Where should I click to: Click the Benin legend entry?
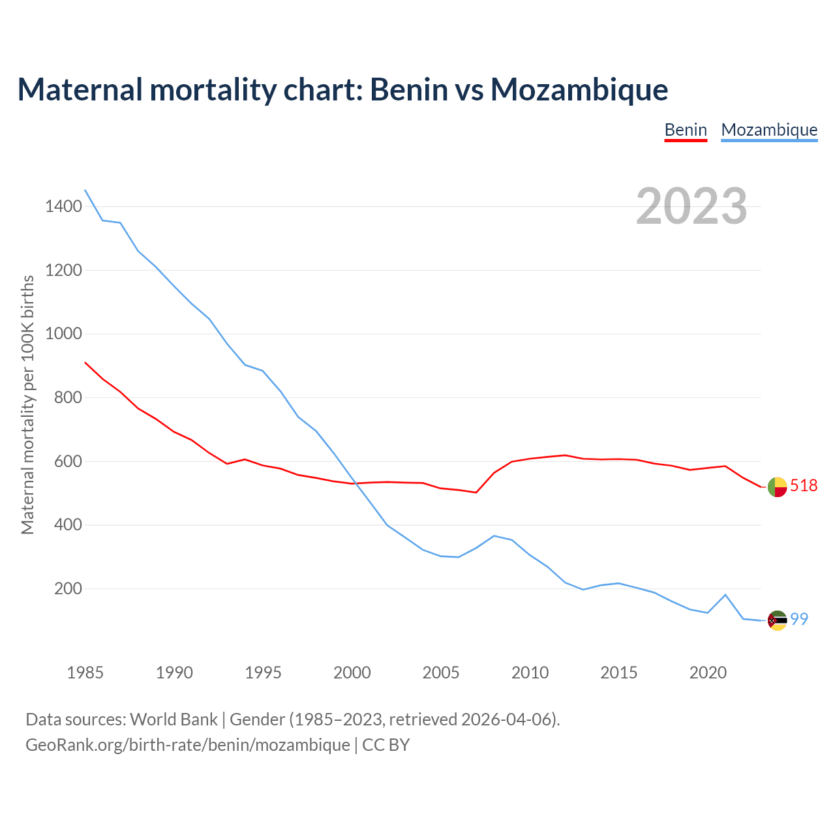pos(686,130)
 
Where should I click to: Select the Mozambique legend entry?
pos(769,130)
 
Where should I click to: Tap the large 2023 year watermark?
pos(691,206)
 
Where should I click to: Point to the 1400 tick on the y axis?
pos(64,207)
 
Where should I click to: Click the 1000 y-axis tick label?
pos(64,334)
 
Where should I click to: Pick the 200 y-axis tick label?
pos(68,588)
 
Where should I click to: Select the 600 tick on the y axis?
pos(68,461)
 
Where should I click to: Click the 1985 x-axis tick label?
pos(85,673)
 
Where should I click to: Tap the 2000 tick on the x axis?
pos(352,673)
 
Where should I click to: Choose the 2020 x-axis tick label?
pos(708,673)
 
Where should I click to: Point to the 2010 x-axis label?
pos(530,673)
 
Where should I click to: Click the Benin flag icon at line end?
pos(777,487)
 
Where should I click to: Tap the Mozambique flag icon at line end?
pos(777,620)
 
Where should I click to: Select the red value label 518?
pos(804,485)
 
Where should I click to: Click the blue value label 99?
pos(799,619)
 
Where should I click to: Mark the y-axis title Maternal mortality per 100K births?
pos(27,404)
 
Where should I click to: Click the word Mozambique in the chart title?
pos(579,90)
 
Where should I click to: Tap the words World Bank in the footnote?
pos(174,720)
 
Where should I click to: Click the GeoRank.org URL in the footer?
pos(188,745)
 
